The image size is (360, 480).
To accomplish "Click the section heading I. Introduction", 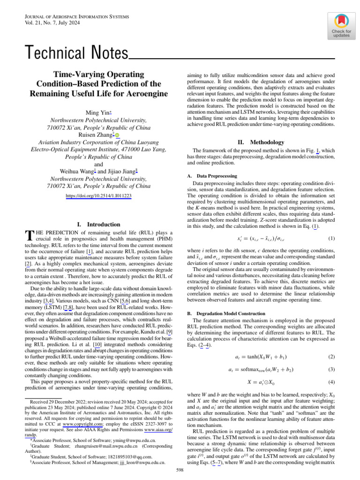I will point(98,225).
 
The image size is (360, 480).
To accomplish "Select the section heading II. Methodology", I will point(261,142).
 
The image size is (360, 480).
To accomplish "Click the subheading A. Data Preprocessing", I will point(210,176).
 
